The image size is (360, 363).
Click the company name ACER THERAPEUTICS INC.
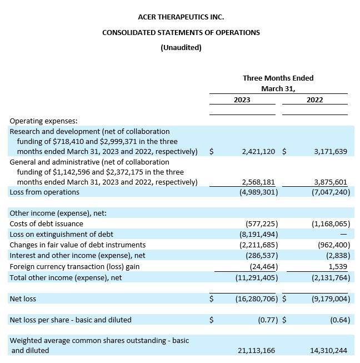pos(181,18)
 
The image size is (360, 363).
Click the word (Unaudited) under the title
pos(181,47)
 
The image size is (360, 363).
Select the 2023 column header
pos(242,100)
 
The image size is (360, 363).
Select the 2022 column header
pos(314,100)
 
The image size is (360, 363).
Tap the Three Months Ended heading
pos(278,78)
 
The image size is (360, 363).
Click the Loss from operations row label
pos(44,192)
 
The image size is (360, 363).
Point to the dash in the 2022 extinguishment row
pos(343,235)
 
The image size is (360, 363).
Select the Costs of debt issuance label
pos(46,224)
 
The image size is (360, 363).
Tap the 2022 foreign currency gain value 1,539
pos(338,267)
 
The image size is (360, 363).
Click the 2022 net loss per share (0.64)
pos(338,320)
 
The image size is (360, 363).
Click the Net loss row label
pos(23,299)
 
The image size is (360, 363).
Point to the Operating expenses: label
pos(43,121)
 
